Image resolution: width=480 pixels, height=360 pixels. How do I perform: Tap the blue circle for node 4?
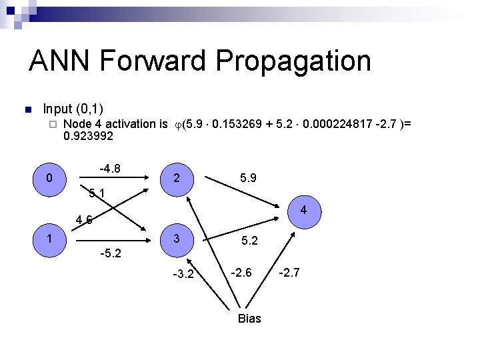(x=303, y=211)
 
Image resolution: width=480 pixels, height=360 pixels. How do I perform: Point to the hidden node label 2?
(x=176, y=179)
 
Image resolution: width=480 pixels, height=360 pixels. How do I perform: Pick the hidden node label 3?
(x=176, y=239)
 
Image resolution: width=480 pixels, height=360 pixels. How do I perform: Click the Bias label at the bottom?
(x=249, y=319)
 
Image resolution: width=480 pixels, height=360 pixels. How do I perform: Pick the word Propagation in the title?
(x=293, y=61)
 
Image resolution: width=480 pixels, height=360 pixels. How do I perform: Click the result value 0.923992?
(x=88, y=136)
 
